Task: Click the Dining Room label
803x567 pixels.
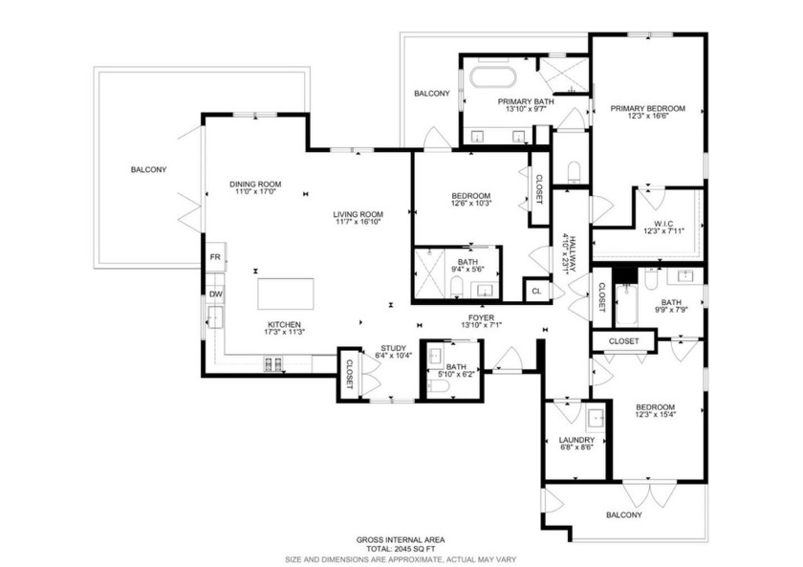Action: pos(254,184)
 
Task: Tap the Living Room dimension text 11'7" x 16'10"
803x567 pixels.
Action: pos(358,223)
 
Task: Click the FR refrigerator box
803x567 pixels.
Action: pos(216,257)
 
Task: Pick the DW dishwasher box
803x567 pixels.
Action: pos(216,294)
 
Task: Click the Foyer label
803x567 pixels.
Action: pos(481,317)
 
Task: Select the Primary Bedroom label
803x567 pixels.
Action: pos(648,108)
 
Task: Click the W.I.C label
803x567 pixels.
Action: pos(653,220)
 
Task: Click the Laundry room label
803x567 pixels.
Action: pos(576,440)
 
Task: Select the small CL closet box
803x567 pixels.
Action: pos(535,290)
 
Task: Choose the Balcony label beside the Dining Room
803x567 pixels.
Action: pos(148,170)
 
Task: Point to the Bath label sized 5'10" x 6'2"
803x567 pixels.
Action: pos(455,367)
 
